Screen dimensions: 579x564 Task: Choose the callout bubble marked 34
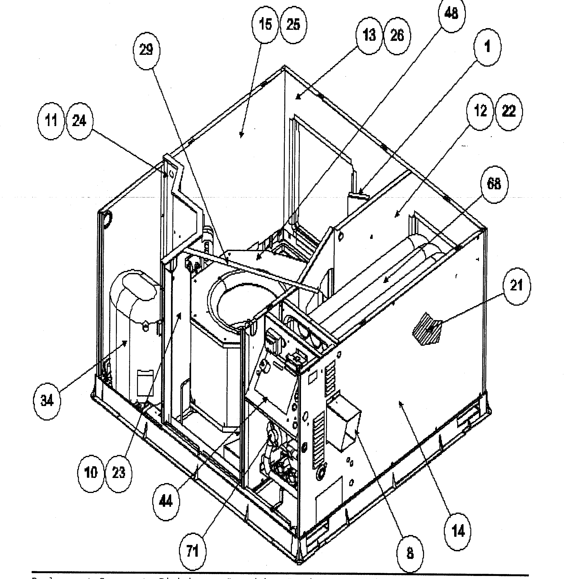point(47,401)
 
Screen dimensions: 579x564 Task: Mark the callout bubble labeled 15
point(265,25)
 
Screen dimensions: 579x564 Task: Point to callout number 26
point(397,36)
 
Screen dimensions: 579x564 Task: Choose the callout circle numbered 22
point(509,112)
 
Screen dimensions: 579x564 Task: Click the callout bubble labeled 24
point(79,121)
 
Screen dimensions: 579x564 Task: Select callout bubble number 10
point(91,473)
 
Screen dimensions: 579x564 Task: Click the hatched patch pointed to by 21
point(427,329)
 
